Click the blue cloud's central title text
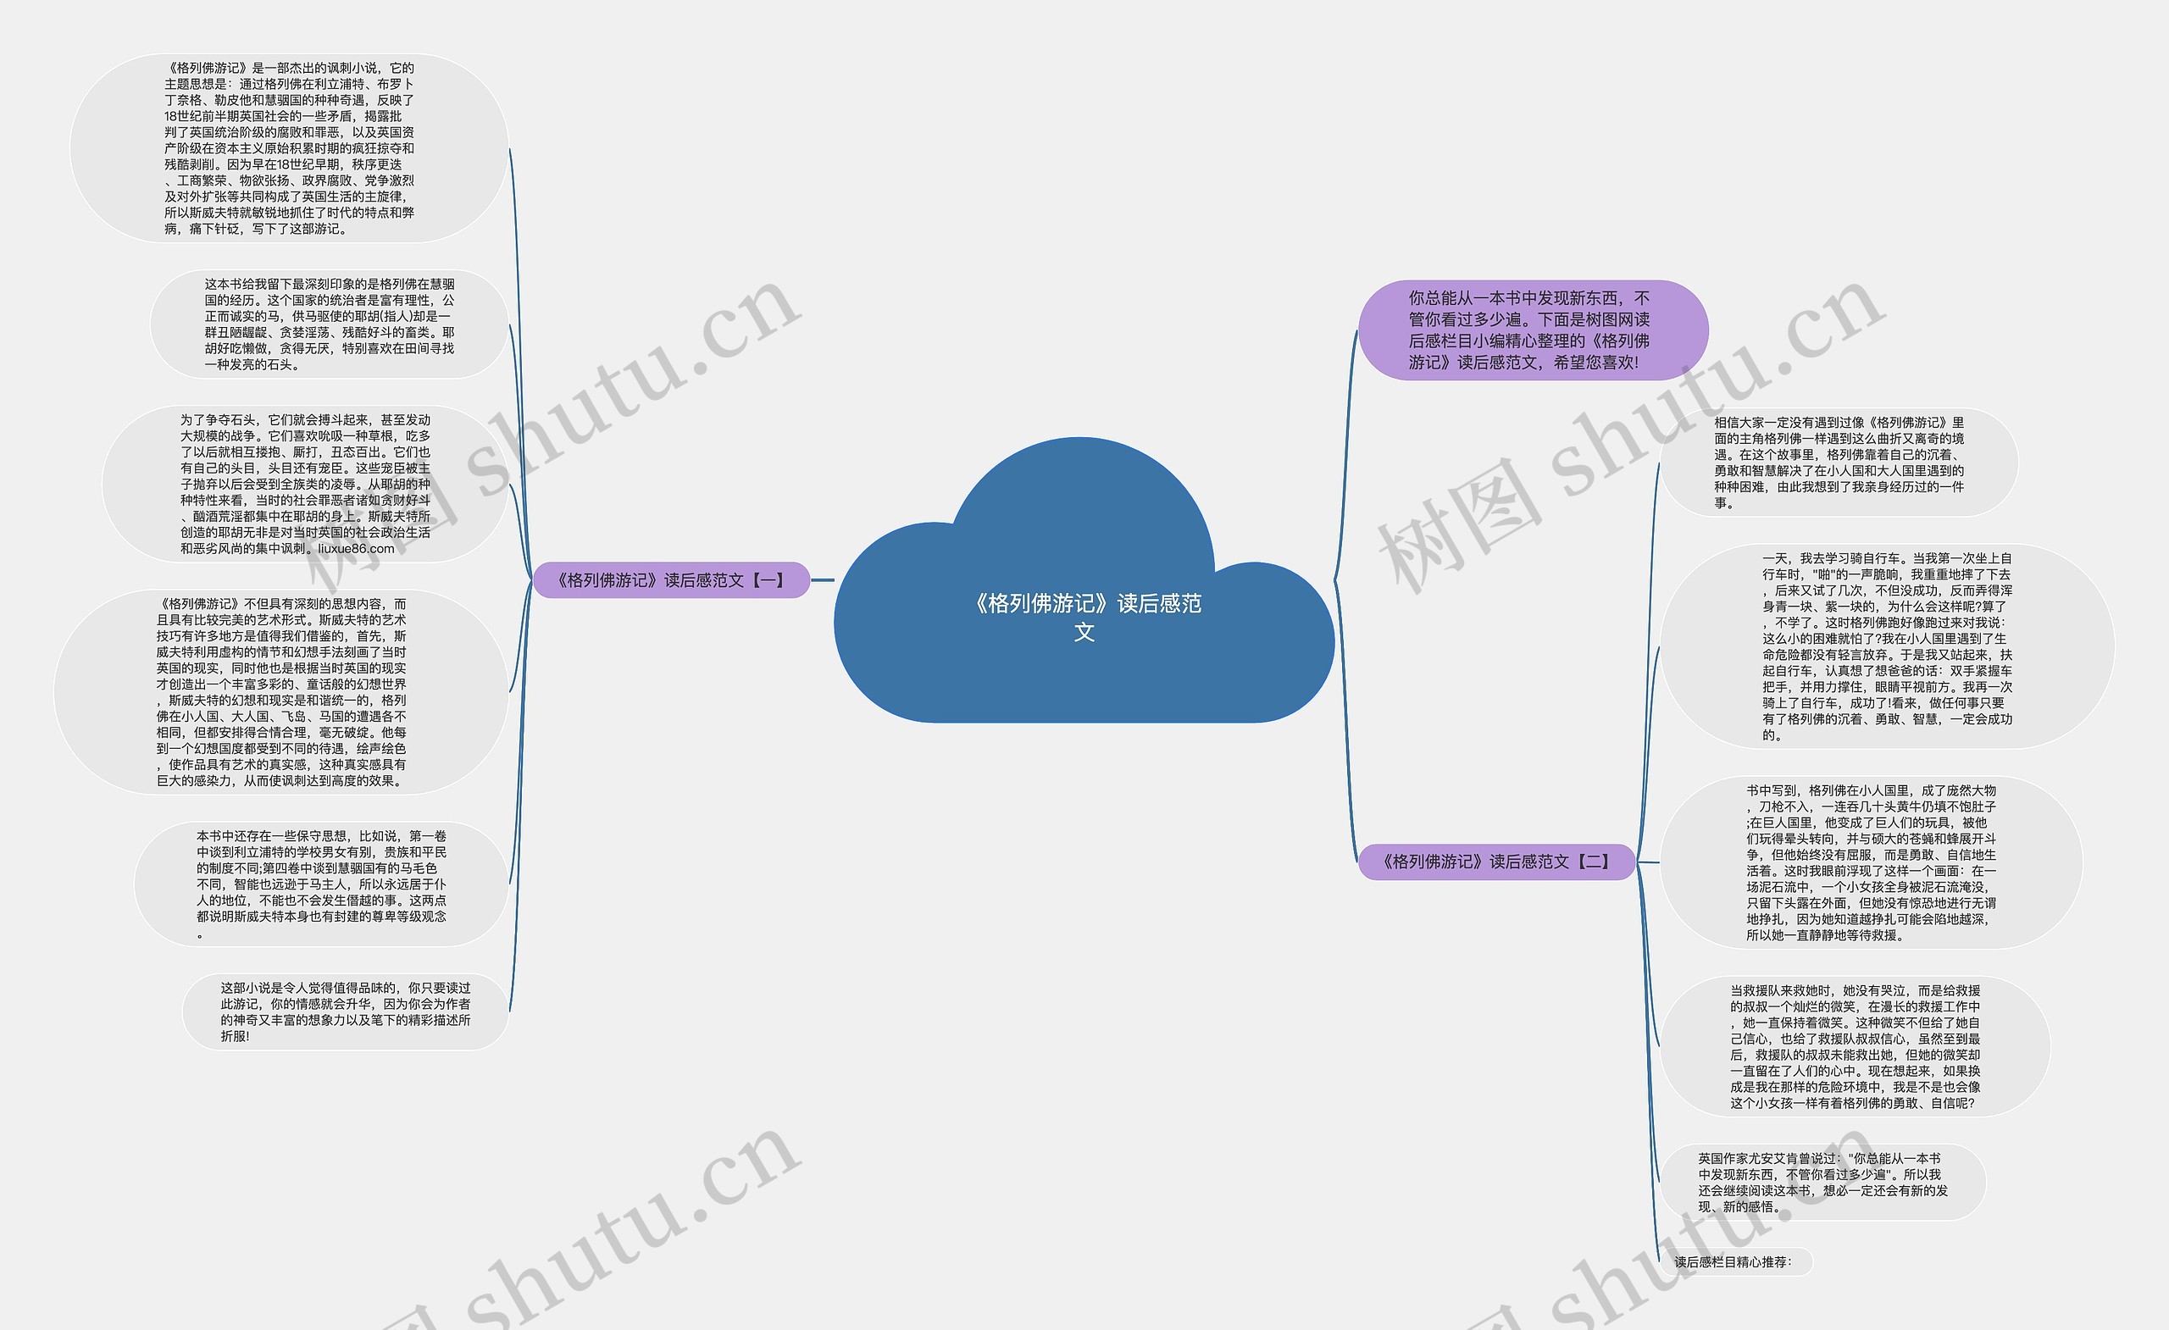click(x=1085, y=616)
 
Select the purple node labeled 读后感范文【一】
click(x=671, y=580)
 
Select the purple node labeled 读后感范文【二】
click(x=1495, y=862)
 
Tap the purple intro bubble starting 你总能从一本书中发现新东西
click(x=1532, y=330)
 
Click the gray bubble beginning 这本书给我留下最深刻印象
click(x=330, y=324)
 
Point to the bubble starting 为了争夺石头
click(x=304, y=483)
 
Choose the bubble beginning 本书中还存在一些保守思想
click(x=320, y=884)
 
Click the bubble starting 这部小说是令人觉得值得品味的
click(x=345, y=1011)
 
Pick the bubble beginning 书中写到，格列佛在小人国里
click(x=1871, y=862)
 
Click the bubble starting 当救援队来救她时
click(x=1855, y=1045)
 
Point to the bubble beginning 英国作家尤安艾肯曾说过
click(x=1822, y=1182)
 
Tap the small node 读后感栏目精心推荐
click(x=1733, y=1262)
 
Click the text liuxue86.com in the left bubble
click(x=357, y=548)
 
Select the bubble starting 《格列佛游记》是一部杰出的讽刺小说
click(x=289, y=148)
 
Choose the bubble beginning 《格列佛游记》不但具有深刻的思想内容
click(x=280, y=692)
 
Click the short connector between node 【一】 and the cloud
click(x=822, y=580)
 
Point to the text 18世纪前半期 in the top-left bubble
click(x=202, y=116)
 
